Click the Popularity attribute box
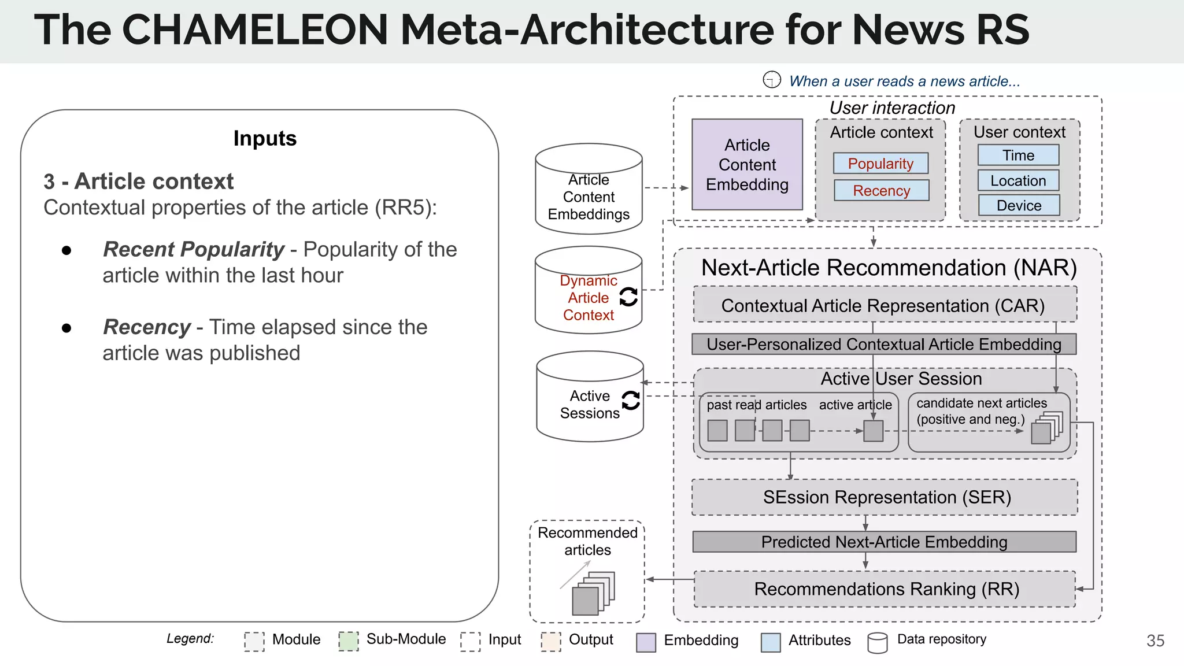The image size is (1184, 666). click(x=880, y=164)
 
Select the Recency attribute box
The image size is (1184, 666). click(x=881, y=191)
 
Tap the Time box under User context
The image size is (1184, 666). click(x=1018, y=156)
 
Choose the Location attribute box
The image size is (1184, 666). click(x=1018, y=181)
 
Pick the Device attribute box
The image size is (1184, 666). click(x=1019, y=206)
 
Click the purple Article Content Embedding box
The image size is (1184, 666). click(x=747, y=165)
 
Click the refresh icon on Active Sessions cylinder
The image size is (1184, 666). click(x=630, y=400)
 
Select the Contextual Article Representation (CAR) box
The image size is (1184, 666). click(x=885, y=305)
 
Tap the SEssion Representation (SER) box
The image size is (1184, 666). click(x=885, y=497)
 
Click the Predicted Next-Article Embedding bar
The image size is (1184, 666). click(x=884, y=542)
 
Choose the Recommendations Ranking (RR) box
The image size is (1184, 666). click(x=885, y=589)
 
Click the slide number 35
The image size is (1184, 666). click(x=1155, y=641)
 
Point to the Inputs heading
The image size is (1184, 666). click(x=265, y=139)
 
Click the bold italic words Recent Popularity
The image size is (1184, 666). click(x=194, y=249)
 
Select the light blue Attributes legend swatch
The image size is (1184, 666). click(x=771, y=642)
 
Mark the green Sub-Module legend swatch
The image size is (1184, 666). click(x=349, y=641)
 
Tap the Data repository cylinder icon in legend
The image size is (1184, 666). click(x=877, y=642)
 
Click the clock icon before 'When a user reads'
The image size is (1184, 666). click(x=772, y=80)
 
